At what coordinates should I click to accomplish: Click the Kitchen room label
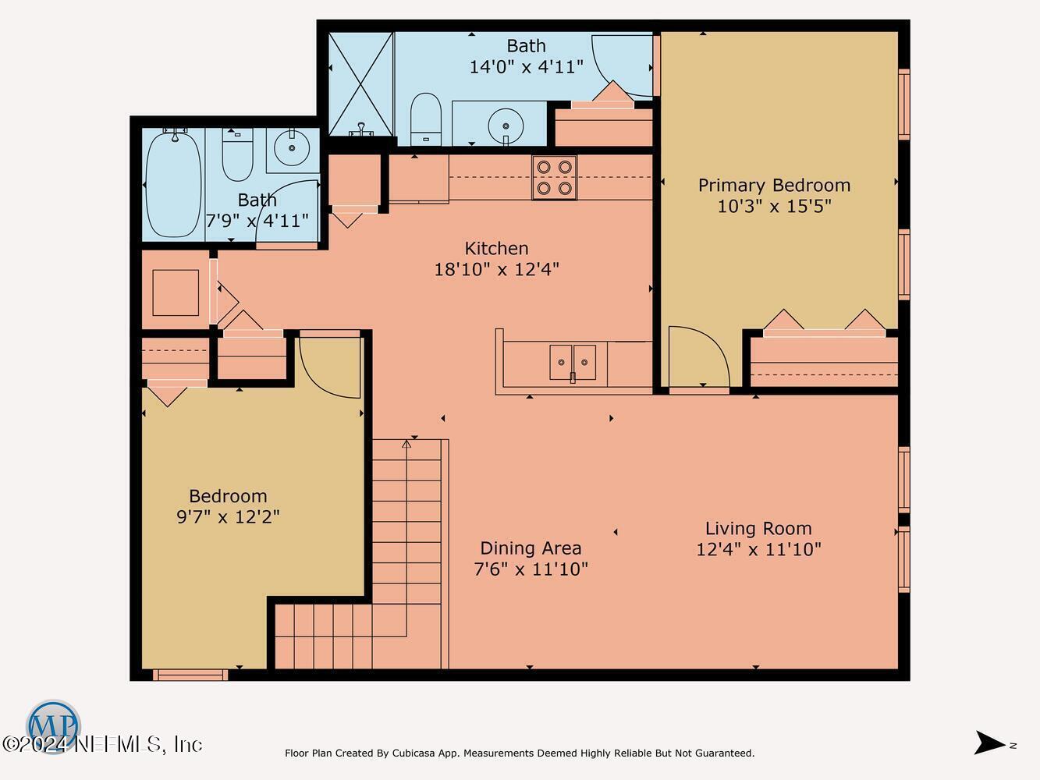point(496,249)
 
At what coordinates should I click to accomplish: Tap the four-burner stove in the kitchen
point(555,178)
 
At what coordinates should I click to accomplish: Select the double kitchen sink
point(573,363)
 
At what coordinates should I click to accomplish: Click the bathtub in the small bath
point(174,184)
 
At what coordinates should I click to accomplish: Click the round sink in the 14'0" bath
point(506,126)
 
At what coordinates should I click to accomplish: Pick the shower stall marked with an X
point(360,83)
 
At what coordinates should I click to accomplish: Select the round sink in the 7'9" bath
point(292,147)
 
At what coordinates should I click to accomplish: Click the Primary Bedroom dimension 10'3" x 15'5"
point(774,207)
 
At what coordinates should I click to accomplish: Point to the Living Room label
point(758,528)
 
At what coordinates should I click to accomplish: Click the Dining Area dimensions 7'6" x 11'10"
point(531,569)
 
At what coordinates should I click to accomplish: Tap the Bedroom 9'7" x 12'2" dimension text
point(228,516)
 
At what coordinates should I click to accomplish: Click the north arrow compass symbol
point(990,742)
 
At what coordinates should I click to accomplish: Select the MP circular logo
point(53,726)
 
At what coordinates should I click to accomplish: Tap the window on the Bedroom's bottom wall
point(190,675)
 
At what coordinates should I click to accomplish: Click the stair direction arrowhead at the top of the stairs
point(406,444)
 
